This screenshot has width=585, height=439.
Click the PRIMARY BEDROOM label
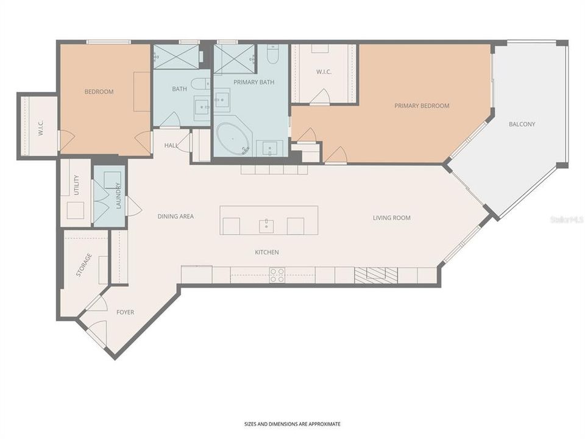422,106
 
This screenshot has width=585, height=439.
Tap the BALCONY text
522,124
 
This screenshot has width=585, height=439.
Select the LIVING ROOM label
391,218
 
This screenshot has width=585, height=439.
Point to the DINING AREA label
175,216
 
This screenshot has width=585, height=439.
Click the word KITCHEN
267,252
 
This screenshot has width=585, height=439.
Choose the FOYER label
125,313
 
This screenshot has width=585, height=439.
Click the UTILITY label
76,185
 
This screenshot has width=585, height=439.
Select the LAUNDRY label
118,195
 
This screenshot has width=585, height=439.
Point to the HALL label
171,146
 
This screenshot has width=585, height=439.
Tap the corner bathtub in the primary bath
233,138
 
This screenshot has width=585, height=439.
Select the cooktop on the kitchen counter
277,276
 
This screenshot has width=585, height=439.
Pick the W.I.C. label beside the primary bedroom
322,72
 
